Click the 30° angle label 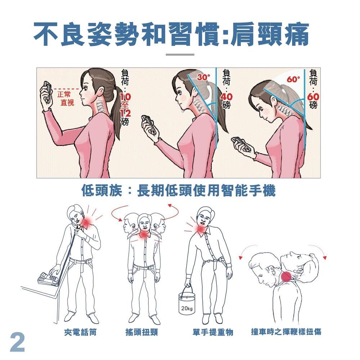(x=203, y=77)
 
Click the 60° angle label (x=293, y=80)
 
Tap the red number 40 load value (x=226, y=97)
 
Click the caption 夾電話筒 (x=80, y=332)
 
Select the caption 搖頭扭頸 (x=141, y=332)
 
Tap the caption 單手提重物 (x=213, y=332)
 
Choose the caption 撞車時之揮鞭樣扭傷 (x=286, y=332)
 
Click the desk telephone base (x=49, y=279)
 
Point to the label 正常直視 (x=66, y=98)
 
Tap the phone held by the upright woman (x=47, y=91)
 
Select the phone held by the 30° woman (x=149, y=126)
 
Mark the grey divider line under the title (x=180, y=55)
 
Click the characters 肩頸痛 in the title (x=270, y=35)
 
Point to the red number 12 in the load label (x=125, y=113)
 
